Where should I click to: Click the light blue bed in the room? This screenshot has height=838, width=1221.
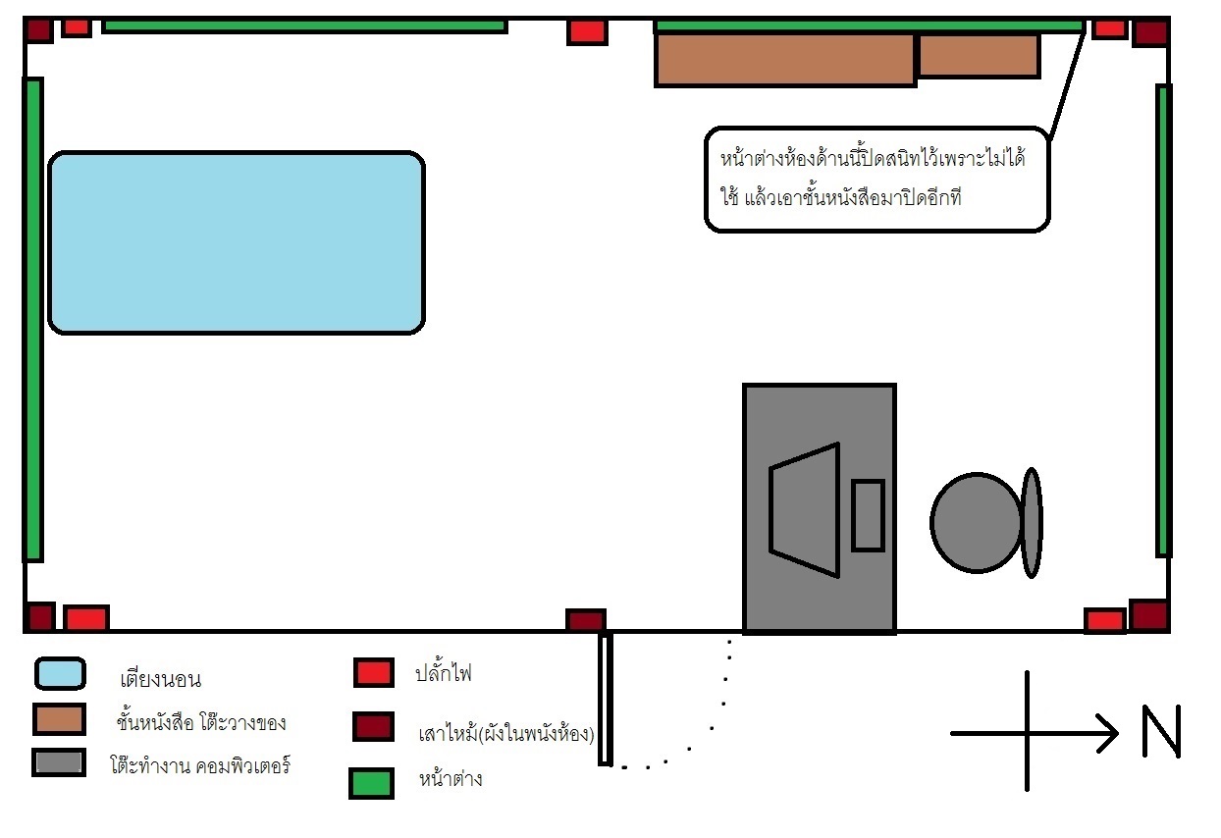click(x=237, y=242)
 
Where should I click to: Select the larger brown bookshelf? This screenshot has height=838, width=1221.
click(x=785, y=59)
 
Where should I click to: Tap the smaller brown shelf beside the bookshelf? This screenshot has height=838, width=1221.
click(x=978, y=55)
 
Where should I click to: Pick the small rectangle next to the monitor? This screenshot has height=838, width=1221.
click(x=868, y=515)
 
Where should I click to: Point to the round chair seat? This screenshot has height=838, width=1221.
click(x=976, y=522)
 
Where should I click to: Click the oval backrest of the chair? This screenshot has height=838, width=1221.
click(x=1031, y=522)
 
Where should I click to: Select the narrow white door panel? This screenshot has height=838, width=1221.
click(x=606, y=699)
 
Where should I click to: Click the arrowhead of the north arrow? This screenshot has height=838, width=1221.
click(x=1109, y=731)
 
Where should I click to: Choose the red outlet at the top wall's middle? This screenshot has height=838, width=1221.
click(x=587, y=31)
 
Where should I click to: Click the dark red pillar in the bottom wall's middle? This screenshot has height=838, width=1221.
click(x=586, y=620)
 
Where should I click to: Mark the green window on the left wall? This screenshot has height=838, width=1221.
click(x=33, y=319)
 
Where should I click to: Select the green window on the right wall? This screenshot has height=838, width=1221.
click(x=1164, y=320)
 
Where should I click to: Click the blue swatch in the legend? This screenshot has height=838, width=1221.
click(x=60, y=673)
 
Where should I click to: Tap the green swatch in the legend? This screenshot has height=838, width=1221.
click(x=371, y=782)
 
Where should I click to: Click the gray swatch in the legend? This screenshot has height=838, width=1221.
click(x=58, y=763)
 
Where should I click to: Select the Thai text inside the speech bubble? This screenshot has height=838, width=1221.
click(x=872, y=178)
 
